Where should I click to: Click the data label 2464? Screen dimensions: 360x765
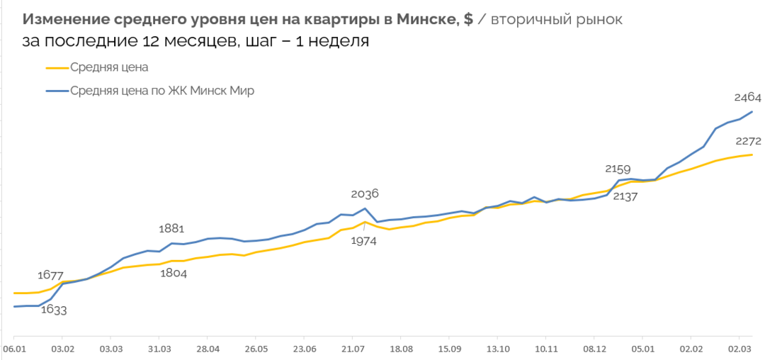click(746, 97)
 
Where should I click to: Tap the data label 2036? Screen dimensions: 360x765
click(365, 193)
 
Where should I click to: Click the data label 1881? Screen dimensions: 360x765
click(171, 228)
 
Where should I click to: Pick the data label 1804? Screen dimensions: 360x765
click(173, 274)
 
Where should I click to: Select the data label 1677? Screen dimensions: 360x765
click(50, 275)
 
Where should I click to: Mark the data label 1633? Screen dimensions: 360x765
click(53, 309)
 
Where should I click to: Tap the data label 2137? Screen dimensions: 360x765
click(625, 196)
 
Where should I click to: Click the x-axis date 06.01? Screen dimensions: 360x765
click(14, 349)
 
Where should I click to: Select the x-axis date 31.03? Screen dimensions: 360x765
click(159, 349)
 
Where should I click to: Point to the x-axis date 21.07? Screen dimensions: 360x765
click(353, 349)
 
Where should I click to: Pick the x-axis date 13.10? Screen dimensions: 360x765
click(498, 349)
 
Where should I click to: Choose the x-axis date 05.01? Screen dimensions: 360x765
click(642, 349)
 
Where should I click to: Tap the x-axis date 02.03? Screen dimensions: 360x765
click(739, 349)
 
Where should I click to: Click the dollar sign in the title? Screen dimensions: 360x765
click(468, 19)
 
